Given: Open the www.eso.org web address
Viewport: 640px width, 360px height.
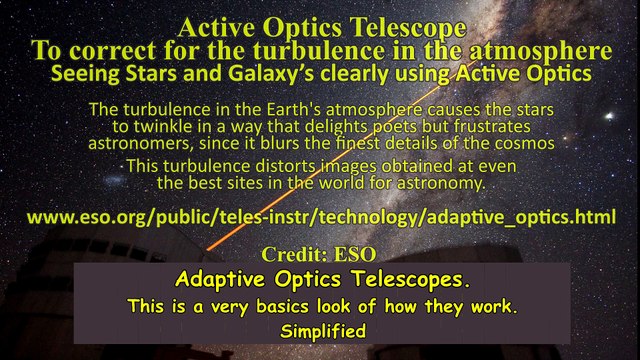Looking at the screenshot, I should [x=320, y=217].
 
